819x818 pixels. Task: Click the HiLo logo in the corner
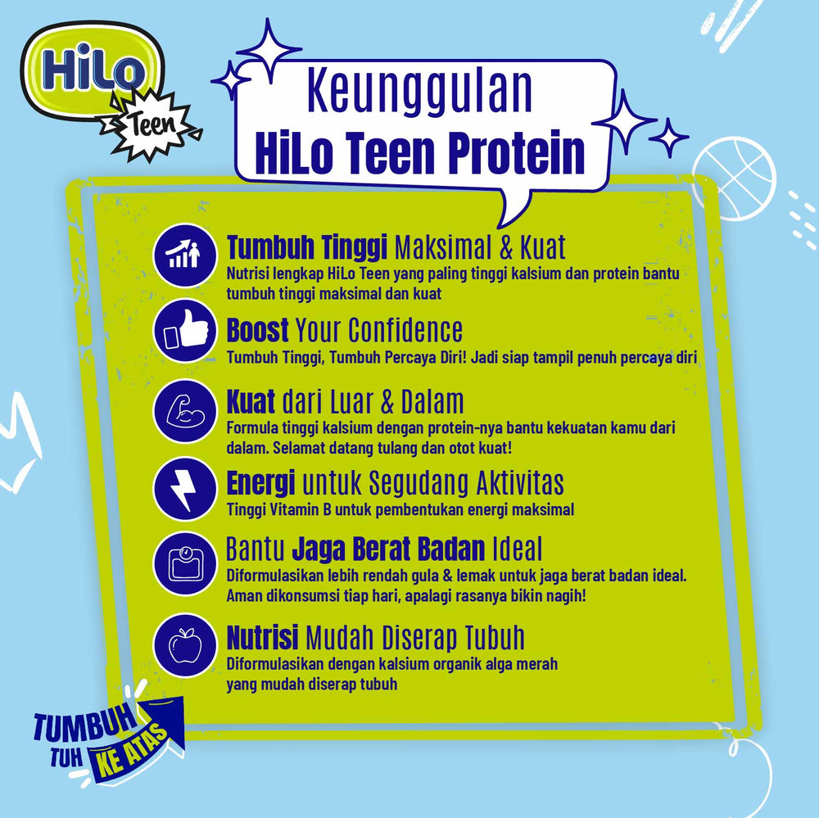click(91, 70)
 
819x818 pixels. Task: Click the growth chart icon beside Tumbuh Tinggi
click(183, 255)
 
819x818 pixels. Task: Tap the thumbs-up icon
click(183, 332)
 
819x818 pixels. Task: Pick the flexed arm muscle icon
click(183, 409)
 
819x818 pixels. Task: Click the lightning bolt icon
click(183, 487)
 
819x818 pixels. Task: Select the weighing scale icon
click(183, 564)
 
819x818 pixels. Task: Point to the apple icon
click(183, 644)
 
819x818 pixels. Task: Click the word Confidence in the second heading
click(405, 330)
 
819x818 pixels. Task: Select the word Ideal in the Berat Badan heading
click(518, 548)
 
